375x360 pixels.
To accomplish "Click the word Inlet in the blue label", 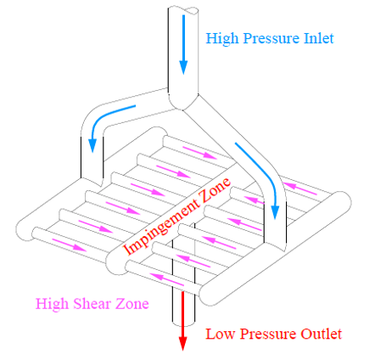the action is [x=319, y=38].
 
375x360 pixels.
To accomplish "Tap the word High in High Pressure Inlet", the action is [x=222, y=39].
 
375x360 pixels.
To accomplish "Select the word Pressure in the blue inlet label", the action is [x=271, y=38].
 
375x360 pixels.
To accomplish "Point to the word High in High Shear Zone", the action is [x=53, y=305].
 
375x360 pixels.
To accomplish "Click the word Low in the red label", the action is [x=221, y=334].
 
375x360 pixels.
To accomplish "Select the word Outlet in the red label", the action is [x=321, y=334].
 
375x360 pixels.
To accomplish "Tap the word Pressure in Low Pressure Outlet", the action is [x=267, y=334].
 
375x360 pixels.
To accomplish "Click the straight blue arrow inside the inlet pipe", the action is [x=183, y=45].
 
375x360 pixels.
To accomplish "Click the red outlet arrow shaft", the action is [x=183, y=313].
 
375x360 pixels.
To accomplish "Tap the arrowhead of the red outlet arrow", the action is [x=183, y=343].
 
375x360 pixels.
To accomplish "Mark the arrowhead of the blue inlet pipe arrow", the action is [x=183, y=67].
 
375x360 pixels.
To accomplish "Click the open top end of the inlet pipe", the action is [x=183, y=10].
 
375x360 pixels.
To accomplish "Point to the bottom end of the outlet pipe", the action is [x=183, y=323].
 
